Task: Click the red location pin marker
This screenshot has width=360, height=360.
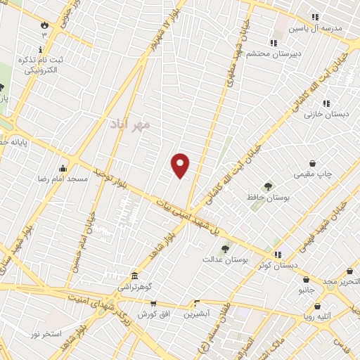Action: point(181,165)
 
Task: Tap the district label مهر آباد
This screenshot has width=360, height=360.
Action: point(130,124)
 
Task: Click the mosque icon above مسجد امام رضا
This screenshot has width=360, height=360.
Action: point(63,168)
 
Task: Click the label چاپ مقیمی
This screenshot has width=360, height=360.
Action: point(309,173)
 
